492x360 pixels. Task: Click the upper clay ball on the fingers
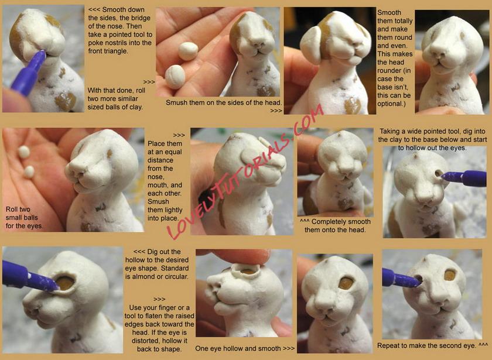coord(188,51)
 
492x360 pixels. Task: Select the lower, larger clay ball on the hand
coord(175,77)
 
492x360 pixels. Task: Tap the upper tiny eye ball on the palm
coord(24,152)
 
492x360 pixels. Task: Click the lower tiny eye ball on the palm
coord(29,172)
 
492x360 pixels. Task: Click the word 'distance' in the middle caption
coord(160,160)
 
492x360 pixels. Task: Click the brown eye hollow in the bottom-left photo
coord(65,283)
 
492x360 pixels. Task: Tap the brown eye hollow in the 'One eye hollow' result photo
coord(346,283)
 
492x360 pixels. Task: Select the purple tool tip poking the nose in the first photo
coord(41,56)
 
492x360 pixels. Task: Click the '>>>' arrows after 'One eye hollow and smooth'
coord(289,348)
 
